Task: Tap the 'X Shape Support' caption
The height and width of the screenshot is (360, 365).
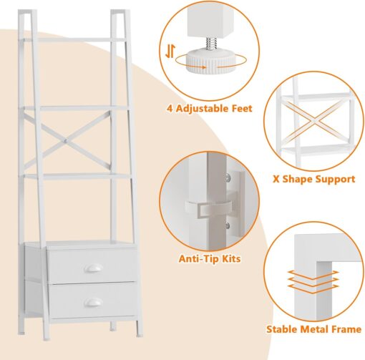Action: click(314, 179)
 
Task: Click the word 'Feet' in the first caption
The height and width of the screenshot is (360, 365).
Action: click(240, 110)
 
